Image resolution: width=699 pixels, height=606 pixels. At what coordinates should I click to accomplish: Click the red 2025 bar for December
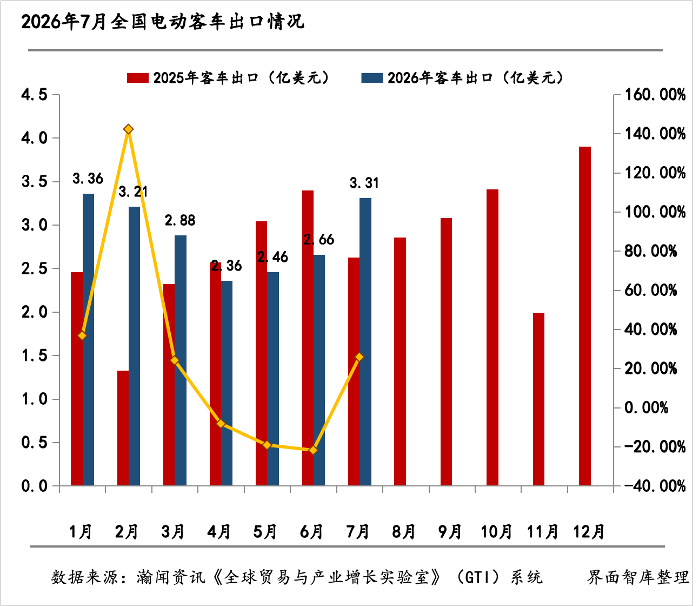[x=585, y=316]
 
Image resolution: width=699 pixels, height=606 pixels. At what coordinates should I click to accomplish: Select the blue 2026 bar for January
[x=88, y=340]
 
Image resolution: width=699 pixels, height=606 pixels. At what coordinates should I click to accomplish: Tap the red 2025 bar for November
[x=538, y=399]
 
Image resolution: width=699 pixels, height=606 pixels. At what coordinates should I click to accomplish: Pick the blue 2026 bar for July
[x=365, y=342]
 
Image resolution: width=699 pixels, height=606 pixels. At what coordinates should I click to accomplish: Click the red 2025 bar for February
[x=123, y=429]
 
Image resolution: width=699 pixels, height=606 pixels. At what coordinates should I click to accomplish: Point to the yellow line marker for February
[x=128, y=129]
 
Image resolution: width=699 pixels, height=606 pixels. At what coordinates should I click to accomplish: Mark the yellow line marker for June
[x=313, y=450]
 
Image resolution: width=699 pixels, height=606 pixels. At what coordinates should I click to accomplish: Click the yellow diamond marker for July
[x=360, y=357]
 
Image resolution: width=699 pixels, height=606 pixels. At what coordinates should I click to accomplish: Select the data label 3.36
[x=88, y=179]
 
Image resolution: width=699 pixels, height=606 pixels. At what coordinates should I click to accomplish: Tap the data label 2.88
[x=180, y=220]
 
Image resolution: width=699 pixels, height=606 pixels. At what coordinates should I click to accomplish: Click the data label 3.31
[x=364, y=183]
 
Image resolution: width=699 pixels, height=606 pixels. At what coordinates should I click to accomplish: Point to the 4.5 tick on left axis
[x=35, y=95]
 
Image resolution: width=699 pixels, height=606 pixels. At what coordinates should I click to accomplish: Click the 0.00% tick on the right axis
[x=646, y=407]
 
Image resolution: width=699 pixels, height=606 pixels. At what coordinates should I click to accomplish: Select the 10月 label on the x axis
[x=496, y=531]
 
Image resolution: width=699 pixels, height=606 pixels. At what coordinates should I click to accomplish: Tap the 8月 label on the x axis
[x=403, y=531]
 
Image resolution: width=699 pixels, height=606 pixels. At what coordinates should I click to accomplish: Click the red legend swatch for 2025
[x=138, y=78]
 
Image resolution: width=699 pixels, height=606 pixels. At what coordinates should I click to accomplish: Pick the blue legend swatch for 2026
[x=372, y=78]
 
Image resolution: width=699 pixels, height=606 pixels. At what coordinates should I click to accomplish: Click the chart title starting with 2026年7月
[x=163, y=22]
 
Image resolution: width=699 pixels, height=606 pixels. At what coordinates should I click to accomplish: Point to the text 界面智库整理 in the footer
[x=638, y=577]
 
